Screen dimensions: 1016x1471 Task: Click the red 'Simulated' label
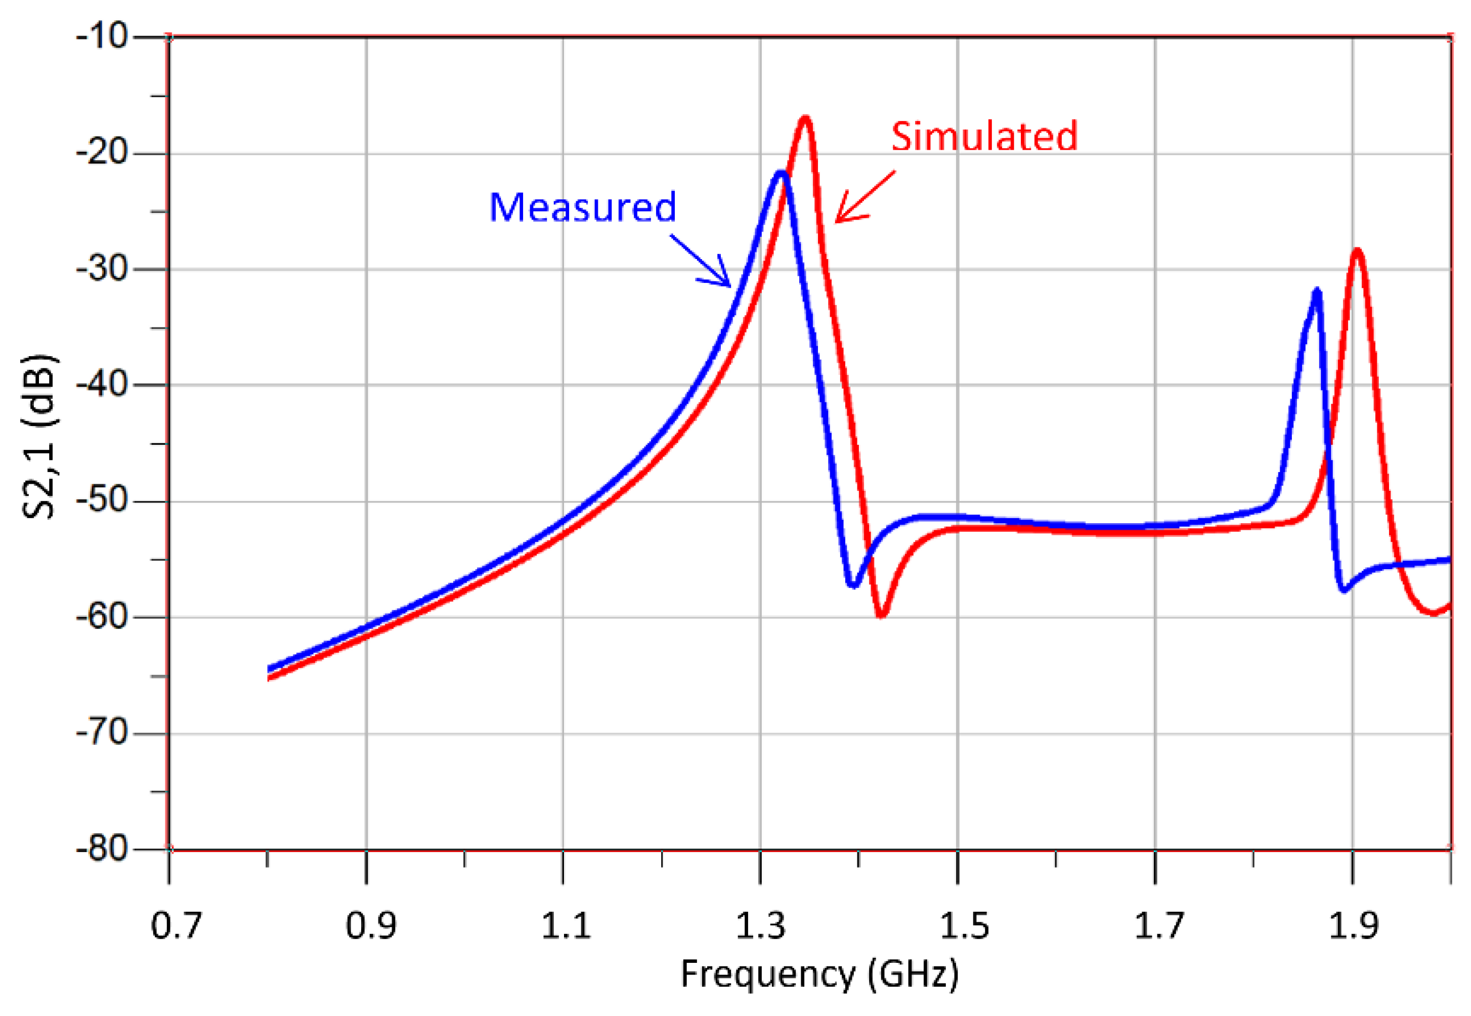click(984, 136)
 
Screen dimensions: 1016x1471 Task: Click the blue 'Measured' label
click(582, 207)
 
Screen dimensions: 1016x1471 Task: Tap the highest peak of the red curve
click(805, 119)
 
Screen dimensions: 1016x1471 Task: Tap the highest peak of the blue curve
click(781, 173)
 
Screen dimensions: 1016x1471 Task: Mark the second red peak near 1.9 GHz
click(1357, 251)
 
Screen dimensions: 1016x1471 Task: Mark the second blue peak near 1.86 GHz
click(1316, 291)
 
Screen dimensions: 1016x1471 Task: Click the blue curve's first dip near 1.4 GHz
click(853, 584)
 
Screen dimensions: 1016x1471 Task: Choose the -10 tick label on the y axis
click(102, 36)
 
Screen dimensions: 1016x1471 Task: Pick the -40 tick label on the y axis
click(102, 385)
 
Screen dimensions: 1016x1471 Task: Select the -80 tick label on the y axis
click(102, 849)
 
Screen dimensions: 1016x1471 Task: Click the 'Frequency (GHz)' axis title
click(819, 975)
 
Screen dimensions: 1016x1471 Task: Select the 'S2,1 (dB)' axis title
click(39, 438)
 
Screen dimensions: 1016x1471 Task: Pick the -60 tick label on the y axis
click(102, 617)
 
